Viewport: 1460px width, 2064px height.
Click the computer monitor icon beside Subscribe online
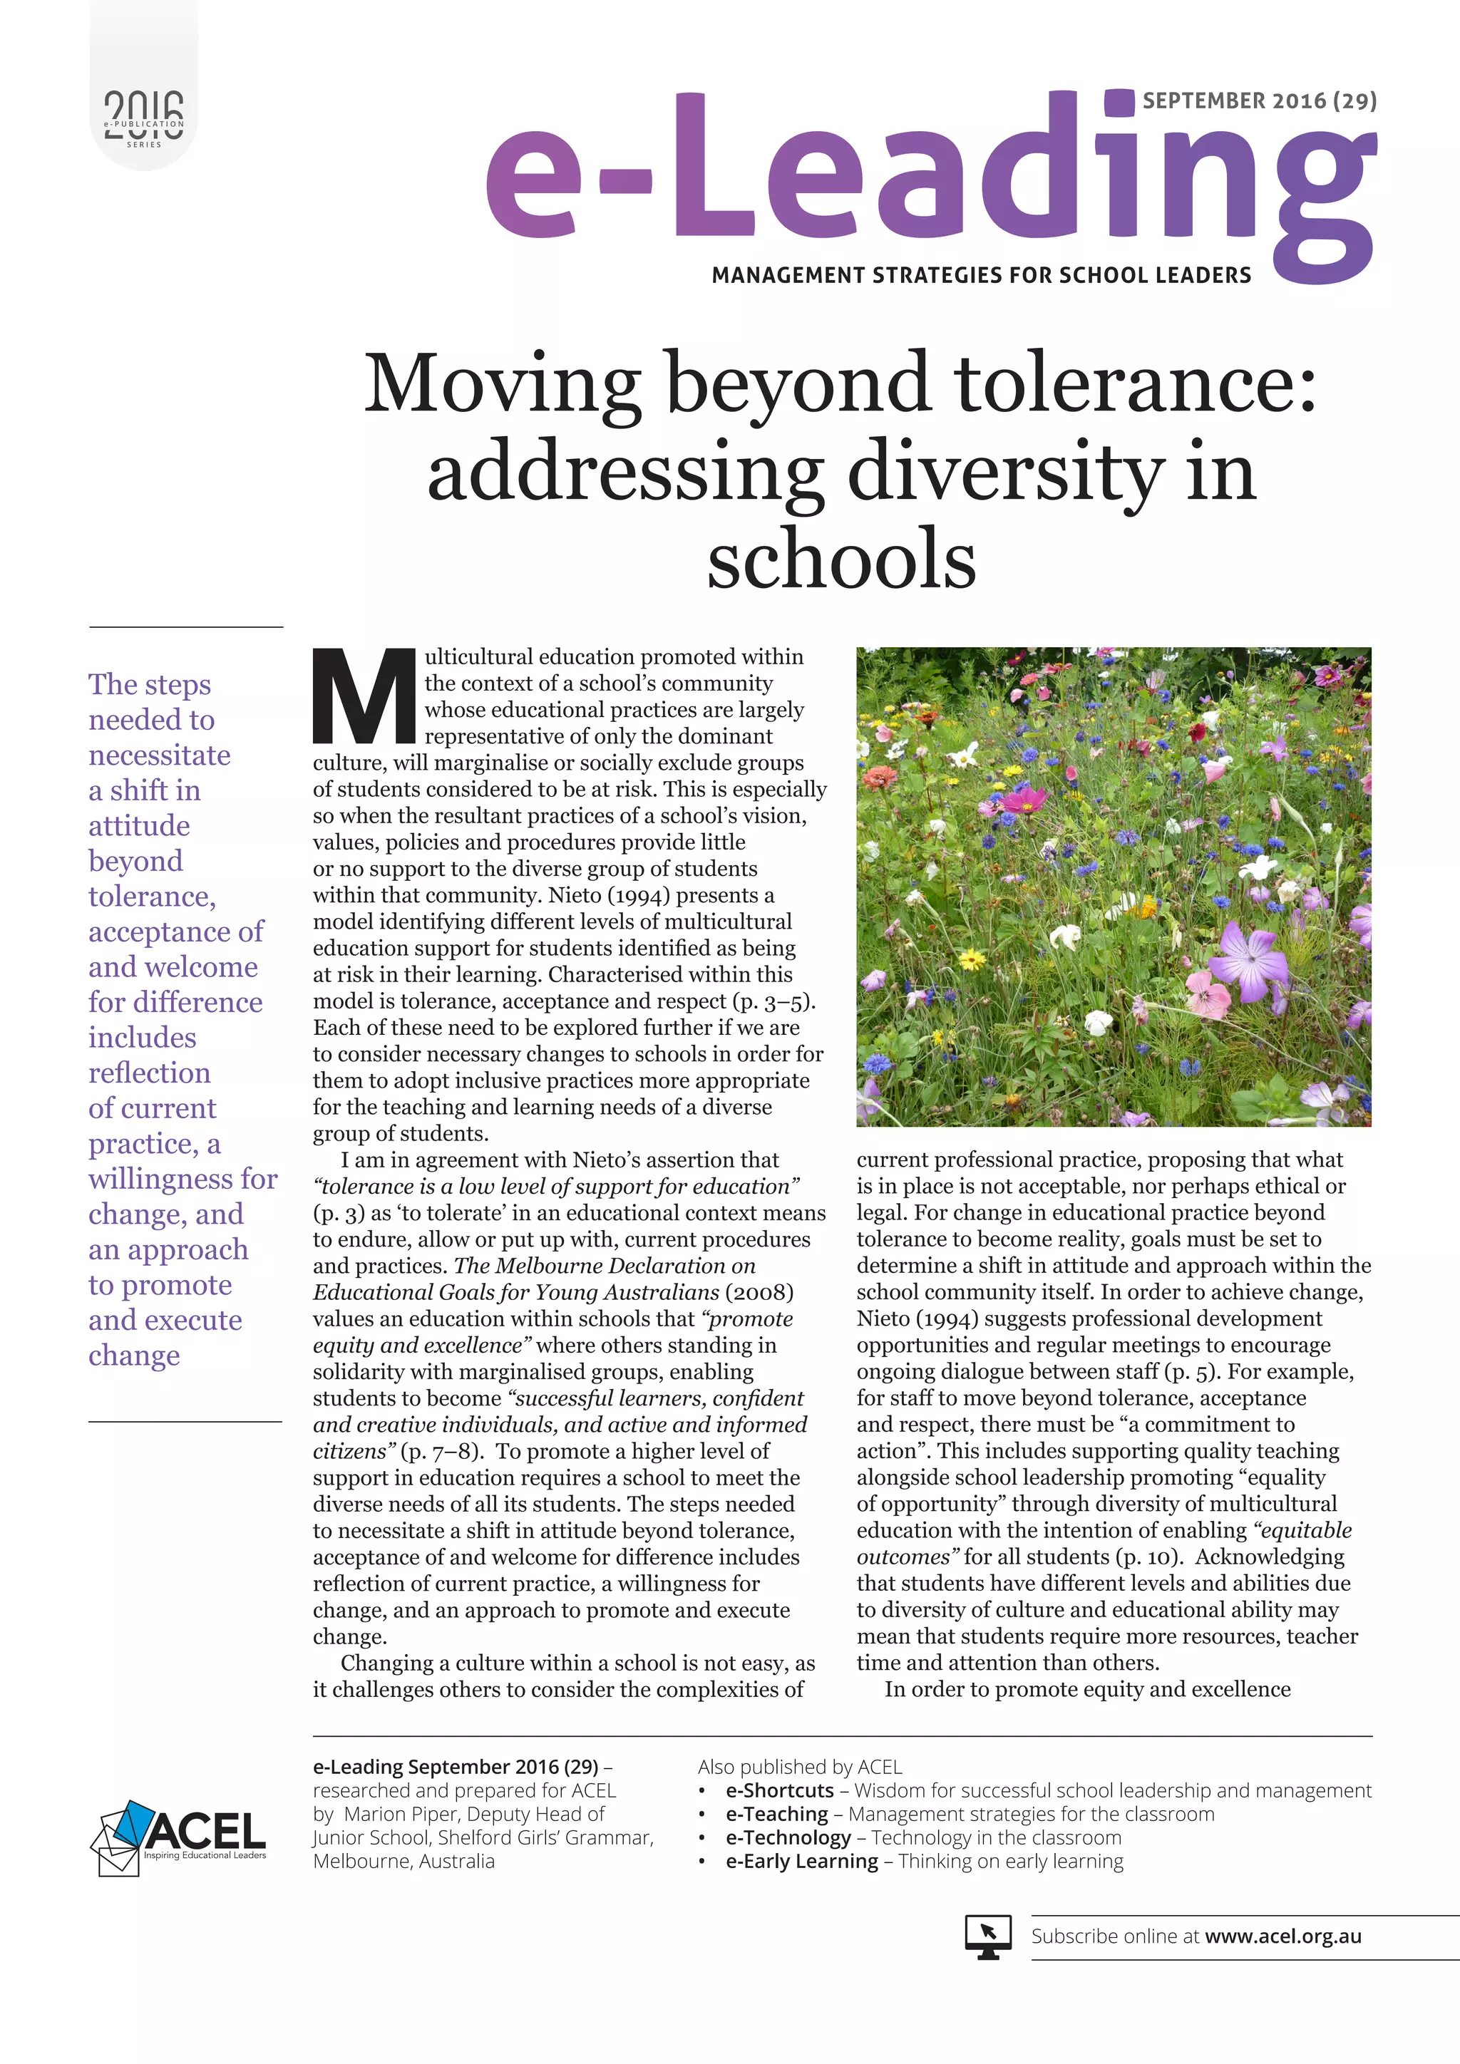coord(987,1936)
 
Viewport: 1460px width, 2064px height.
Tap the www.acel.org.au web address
coord(1283,1936)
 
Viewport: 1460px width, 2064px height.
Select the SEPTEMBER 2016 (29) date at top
coord(1259,100)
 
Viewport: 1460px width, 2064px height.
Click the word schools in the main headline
coord(840,559)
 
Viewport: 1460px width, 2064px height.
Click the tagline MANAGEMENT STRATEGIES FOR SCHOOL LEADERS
coord(981,275)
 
